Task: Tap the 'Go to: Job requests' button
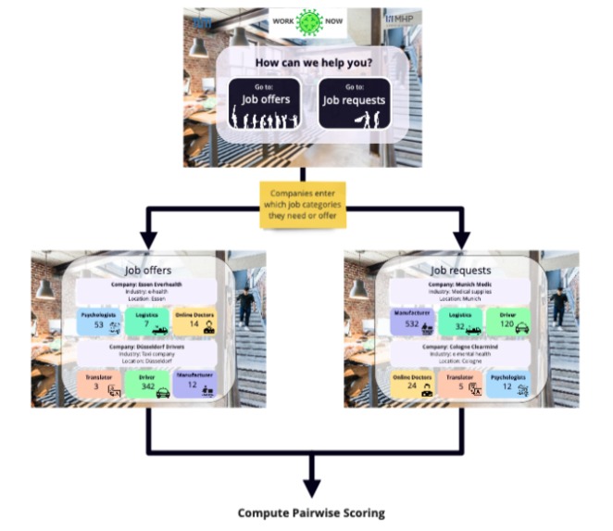[x=354, y=103]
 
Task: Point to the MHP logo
[x=400, y=18]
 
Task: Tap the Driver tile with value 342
[x=147, y=386]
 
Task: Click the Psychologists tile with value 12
[x=508, y=386]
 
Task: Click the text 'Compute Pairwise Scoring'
[x=310, y=512]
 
